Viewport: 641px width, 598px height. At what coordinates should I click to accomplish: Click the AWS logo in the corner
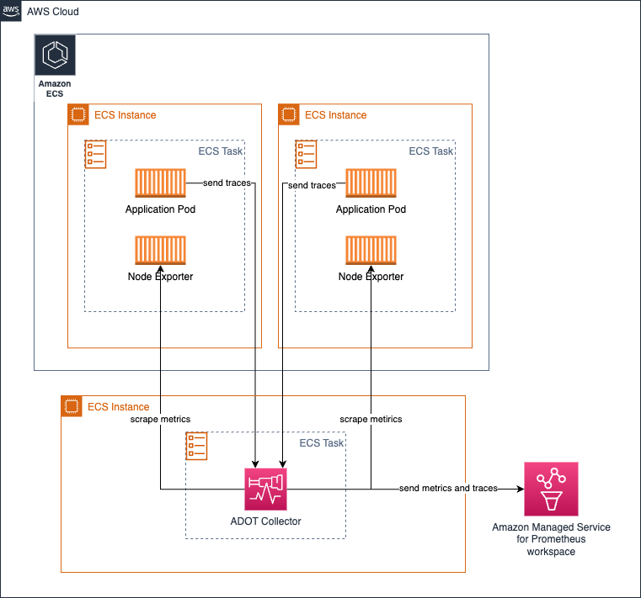coord(11,11)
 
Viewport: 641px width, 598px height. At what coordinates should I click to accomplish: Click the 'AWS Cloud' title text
coord(53,12)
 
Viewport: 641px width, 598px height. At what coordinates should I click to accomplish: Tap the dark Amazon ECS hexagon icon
coord(56,56)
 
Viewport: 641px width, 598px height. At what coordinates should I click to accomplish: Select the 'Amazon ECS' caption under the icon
coord(55,88)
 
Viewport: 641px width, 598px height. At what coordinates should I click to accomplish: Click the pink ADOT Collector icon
coord(265,489)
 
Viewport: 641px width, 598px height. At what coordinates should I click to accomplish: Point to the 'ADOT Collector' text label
coord(265,521)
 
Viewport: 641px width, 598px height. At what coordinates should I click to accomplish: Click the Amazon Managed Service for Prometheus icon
coord(551,489)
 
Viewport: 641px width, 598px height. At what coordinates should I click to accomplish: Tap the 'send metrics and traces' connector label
coord(448,488)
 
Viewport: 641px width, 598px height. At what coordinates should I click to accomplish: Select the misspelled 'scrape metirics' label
coord(371,419)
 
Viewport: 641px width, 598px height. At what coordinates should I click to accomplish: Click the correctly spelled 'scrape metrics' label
coord(160,419)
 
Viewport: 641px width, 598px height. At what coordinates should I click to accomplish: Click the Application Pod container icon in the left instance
coord(160,183)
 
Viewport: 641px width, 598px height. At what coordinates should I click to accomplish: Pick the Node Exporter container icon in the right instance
coord(371,251)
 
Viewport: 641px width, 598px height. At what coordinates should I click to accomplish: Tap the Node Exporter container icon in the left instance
coord(160,251)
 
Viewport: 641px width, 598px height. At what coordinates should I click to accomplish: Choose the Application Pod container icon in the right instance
coord(371,183)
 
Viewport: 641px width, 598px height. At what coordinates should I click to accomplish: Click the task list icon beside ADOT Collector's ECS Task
coord(196,446)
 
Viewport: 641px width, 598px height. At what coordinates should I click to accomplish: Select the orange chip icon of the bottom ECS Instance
coord(72,406)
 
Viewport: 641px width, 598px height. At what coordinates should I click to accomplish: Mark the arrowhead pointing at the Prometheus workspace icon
coord(521,489)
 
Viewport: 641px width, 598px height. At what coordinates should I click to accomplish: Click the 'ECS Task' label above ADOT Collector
coord(321,443)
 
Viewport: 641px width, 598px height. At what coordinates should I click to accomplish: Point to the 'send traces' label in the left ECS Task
coord(227,183)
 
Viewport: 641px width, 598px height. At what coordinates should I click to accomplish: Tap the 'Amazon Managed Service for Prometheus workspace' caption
coord(551,539)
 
